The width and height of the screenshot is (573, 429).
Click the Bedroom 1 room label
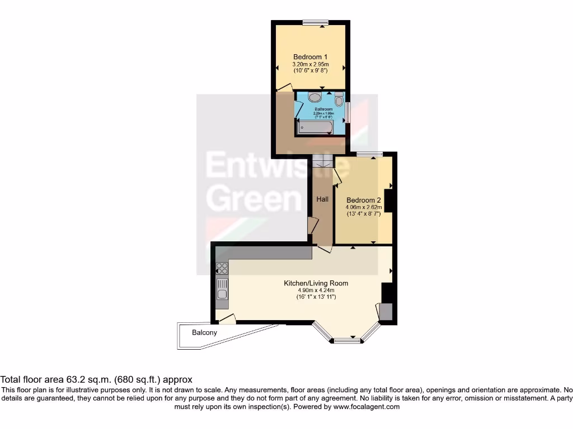tap(311, 57)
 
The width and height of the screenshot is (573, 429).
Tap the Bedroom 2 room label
tap(363, 200)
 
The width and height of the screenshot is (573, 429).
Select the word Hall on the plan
tap(322, 199)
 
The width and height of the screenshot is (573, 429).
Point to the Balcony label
tap(204, 332)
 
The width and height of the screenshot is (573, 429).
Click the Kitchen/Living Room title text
tap(316, 283)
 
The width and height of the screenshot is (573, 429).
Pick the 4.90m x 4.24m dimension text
tap(316, 290)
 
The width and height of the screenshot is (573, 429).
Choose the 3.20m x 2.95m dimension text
tap(310, 64)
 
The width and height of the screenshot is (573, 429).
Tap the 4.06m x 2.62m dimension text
tap(363, 207)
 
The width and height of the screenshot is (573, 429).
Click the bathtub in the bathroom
tap(315, 127)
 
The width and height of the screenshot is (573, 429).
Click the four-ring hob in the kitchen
tap(222, 268)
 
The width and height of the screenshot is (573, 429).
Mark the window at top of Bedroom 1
tap(315, 22)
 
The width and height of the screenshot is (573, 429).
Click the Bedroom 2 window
tap(369, 154)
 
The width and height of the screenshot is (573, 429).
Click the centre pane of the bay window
tap(347, 340)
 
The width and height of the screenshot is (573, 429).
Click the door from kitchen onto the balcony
tap(227, 319)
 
